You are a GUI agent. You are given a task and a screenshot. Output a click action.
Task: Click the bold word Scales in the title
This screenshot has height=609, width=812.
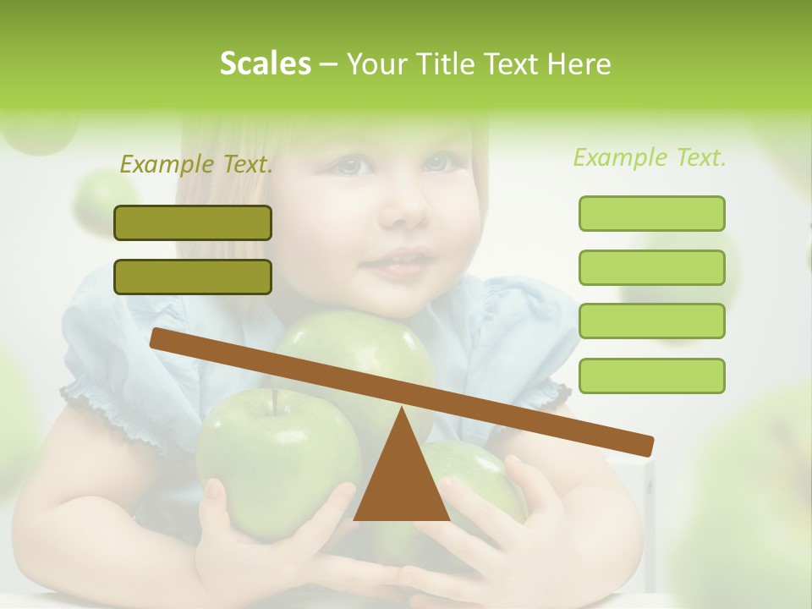click(266, 63)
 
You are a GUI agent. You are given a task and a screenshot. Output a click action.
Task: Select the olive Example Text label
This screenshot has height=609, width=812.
click(196, 164)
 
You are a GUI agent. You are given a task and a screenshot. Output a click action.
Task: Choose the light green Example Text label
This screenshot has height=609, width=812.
click(650, 157)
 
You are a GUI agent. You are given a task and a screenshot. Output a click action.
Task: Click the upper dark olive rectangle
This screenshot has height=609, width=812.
click(193, 222)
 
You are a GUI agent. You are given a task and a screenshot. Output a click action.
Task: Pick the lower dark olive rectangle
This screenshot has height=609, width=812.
click(193, 277)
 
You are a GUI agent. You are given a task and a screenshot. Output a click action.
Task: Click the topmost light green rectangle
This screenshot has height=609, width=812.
click(651, 213)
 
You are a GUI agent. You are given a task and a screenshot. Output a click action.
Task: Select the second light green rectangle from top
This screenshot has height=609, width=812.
click(651, 267)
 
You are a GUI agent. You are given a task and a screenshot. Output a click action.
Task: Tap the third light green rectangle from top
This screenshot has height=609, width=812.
click(651, 321)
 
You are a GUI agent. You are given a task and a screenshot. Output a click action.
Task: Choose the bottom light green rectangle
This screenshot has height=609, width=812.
click(651, 376)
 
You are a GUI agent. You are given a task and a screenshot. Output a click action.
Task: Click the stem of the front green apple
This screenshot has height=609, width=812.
click(275, 401)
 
